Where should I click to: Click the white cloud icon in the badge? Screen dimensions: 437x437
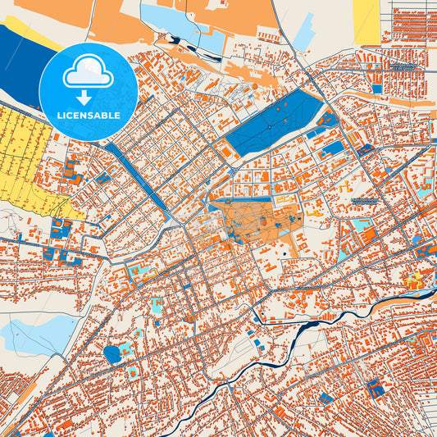(88, 73)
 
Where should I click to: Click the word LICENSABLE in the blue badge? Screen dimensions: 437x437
(88, 116)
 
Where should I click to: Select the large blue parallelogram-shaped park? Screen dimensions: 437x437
(275, 124)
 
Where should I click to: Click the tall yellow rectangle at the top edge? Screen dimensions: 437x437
(366, 20)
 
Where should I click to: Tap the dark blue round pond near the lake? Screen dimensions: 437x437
(112, 354)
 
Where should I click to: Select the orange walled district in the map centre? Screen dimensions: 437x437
(254, 221)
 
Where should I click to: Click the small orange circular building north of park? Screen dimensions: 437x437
(255, 86)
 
